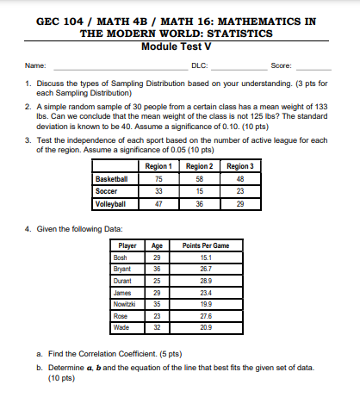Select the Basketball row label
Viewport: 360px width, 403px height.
tap(112, 179)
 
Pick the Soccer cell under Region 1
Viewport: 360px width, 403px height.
tap(158, 192)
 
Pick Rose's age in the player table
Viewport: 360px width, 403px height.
tap(157, 315)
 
